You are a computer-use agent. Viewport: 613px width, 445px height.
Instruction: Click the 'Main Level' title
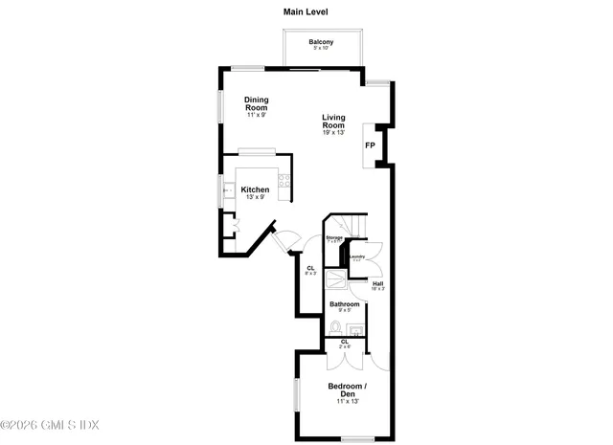click(x=306, y=12)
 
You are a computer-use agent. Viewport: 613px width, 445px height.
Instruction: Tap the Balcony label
click(x=321, y=41)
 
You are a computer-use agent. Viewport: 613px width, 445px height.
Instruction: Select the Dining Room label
click(x=256, y=103)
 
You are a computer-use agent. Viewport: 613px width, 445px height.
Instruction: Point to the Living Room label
click(x=332, y=122)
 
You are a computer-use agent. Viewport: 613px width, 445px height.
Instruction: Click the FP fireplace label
click(x=370, y=145)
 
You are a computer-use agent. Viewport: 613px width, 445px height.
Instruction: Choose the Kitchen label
click(x=254, y=189)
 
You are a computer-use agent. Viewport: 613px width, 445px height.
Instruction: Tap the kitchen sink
click(x=227, y=191)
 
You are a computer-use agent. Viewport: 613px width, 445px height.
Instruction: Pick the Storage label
click(x=334, y=237)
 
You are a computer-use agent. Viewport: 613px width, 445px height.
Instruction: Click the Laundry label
click(x=357, y=256)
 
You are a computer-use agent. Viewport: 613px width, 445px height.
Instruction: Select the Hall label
click(x=377, y=282)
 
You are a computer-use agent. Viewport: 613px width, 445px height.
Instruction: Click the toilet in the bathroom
click(x=333, y=328)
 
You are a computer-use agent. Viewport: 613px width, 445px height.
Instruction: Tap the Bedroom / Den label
click(x=347, y=390)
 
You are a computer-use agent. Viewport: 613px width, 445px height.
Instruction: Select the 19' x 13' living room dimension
click(x=332, y=132)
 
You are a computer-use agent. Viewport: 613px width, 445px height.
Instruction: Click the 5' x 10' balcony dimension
click(x=321, y=48)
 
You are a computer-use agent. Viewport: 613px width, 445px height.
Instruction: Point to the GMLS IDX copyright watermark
click(x=50, y=424)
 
